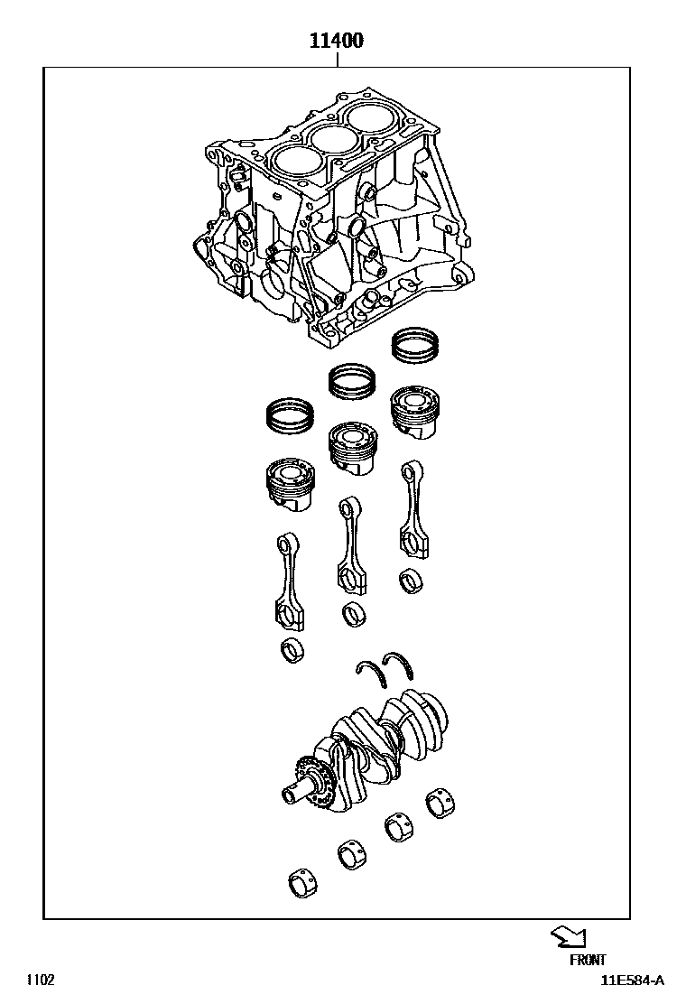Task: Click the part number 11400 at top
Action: (337, 41)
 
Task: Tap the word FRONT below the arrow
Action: (588, 959)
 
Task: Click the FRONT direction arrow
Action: (569, 938)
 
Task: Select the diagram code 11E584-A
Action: (632, 981)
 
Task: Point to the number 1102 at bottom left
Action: (41, 980)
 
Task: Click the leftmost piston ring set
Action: (290, 415)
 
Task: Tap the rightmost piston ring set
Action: (416, 346)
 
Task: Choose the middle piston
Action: (352, 448)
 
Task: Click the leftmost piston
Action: (291, 485)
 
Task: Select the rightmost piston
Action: (415, 412)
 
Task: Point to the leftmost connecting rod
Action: (289, 581)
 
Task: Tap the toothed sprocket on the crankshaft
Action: (315, 781)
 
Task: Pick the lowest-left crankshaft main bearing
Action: (303, 883)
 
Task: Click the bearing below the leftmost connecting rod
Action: (292, 651)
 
